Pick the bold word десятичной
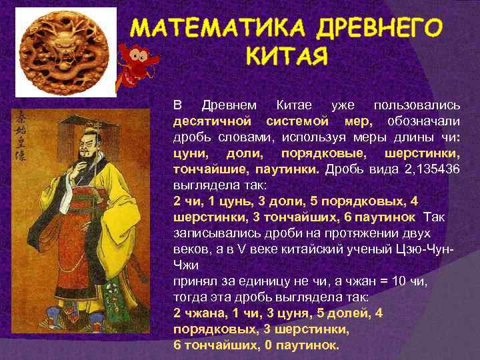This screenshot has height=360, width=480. [212, 123]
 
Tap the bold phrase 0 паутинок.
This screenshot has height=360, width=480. [305, 345]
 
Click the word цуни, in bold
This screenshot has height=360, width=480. [189, 153]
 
